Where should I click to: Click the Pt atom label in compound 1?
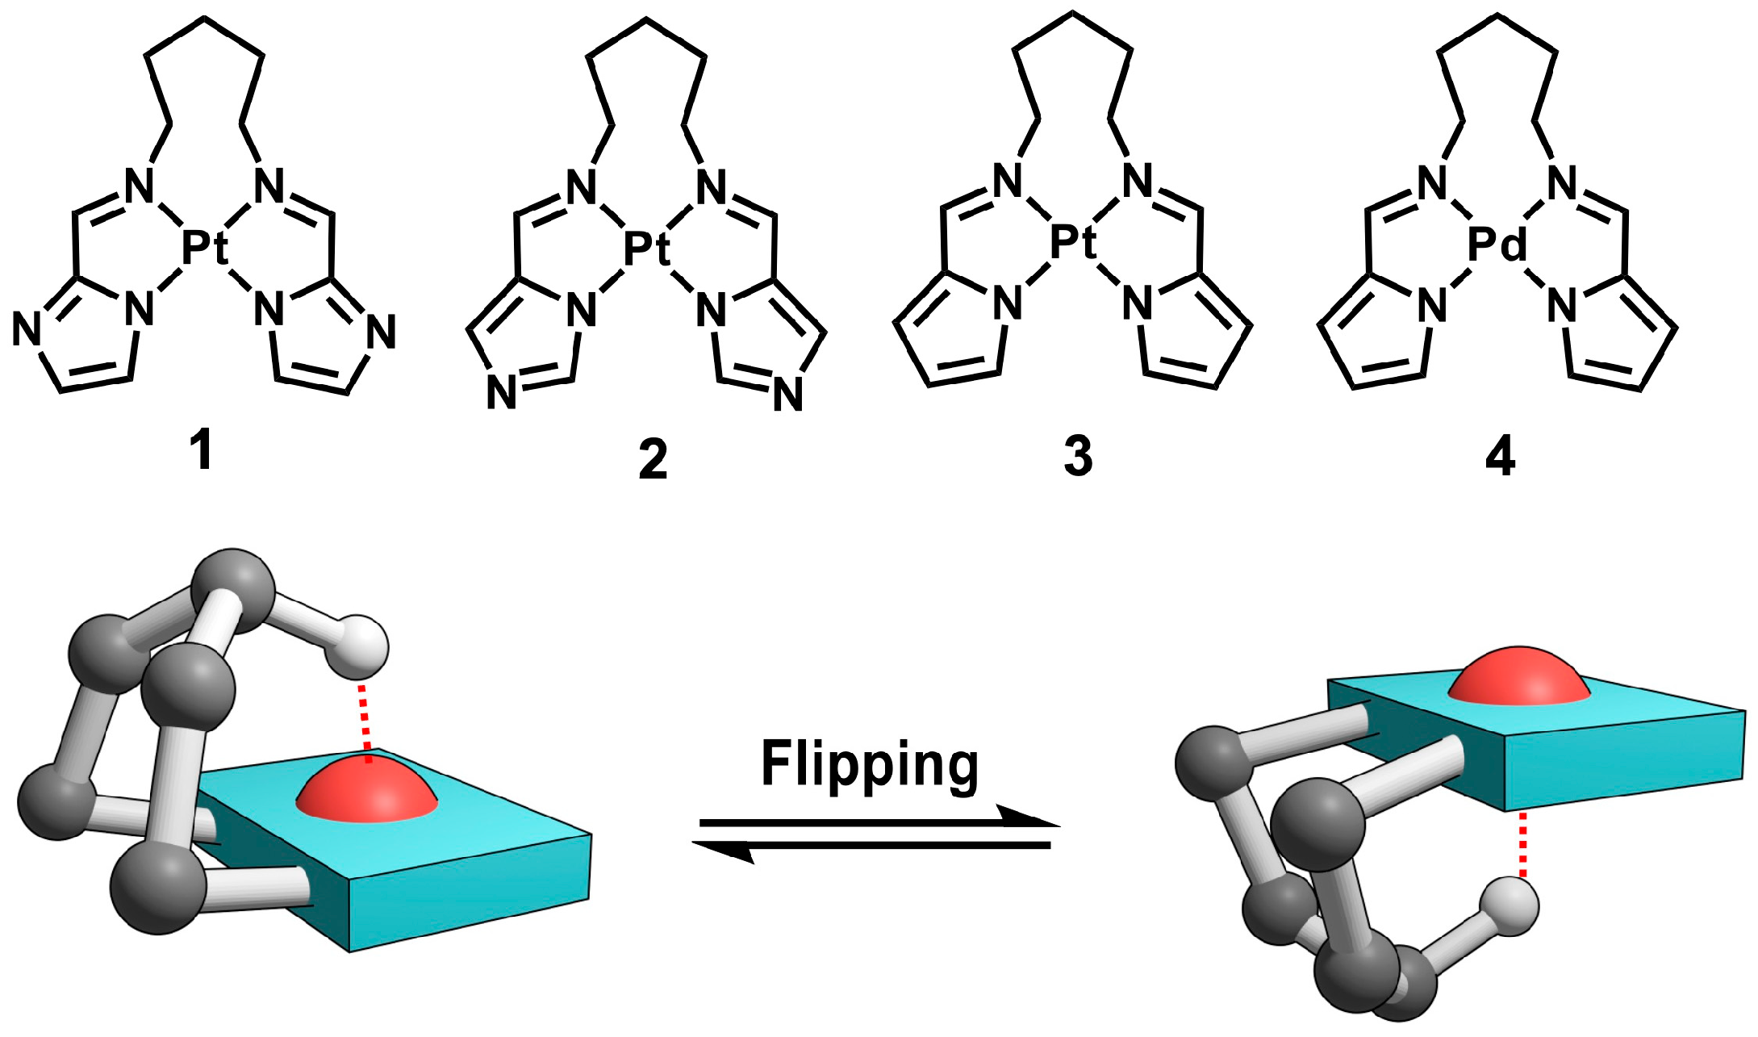click(204, 246)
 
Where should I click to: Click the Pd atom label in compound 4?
click(1497, 243)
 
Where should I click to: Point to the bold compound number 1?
click(202, 450)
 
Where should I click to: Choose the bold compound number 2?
click(653, 459)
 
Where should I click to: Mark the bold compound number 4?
click(1500, 457)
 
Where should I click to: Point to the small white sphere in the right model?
click(1510, 907)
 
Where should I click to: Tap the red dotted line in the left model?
click(365, 722)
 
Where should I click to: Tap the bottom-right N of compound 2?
click(787, 395)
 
